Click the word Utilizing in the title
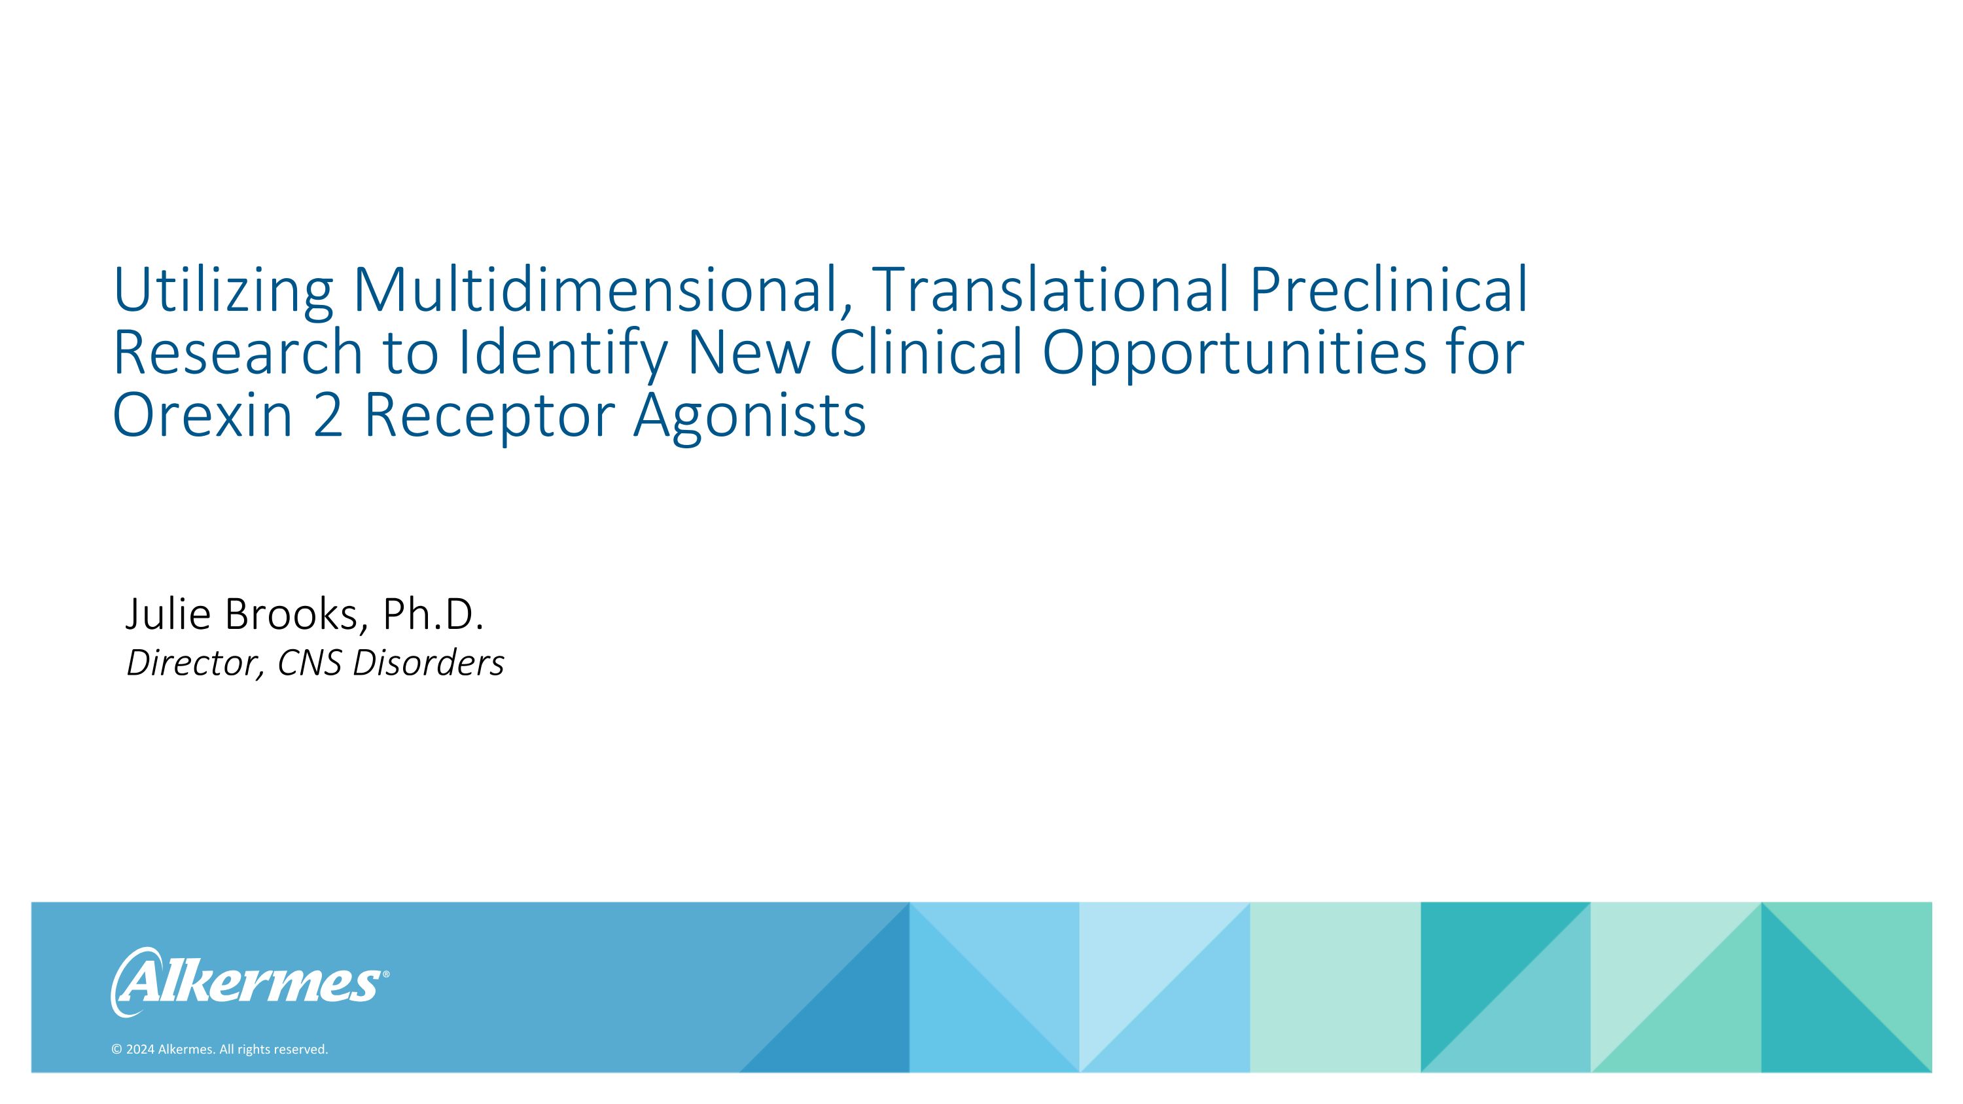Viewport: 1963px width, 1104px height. coord(222,291)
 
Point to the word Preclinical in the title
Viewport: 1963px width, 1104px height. coord(1388,291)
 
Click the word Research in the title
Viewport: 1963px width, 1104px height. coord(237,352)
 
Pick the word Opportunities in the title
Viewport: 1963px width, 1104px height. coord(1233,352)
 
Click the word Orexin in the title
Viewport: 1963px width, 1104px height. coord(203,416)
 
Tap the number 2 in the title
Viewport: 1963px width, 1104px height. coord(328,416)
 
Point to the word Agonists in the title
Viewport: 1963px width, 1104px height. coord(750,416)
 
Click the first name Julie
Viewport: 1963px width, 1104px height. coord(168,614)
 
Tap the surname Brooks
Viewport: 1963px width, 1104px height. coord(291,614)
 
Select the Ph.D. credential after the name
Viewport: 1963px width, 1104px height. coord(433,614)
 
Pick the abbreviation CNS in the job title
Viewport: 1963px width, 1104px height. coord(309,663)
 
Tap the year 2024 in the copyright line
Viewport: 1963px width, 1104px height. coord(140,1050)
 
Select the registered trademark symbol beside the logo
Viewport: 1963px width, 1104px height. coord(385,974)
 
